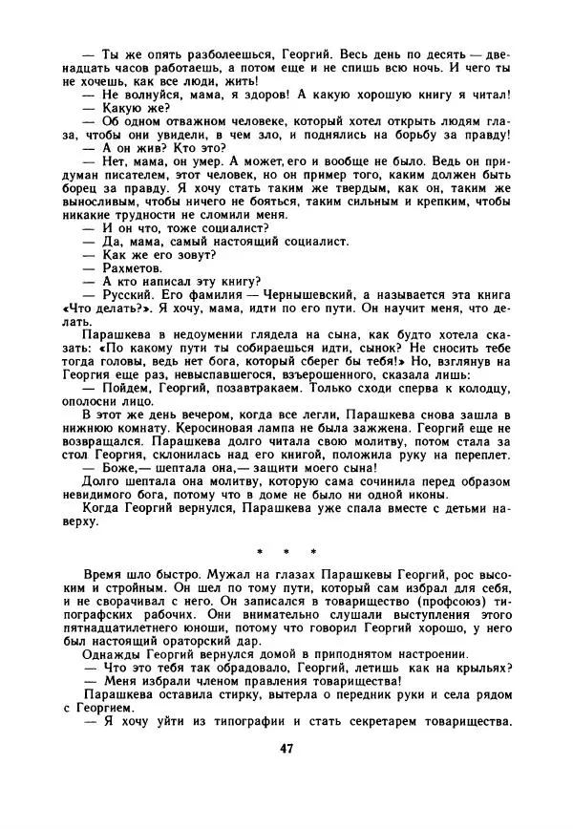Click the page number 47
click(x=286, y=775)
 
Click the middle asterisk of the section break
click(x=286, y=551)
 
